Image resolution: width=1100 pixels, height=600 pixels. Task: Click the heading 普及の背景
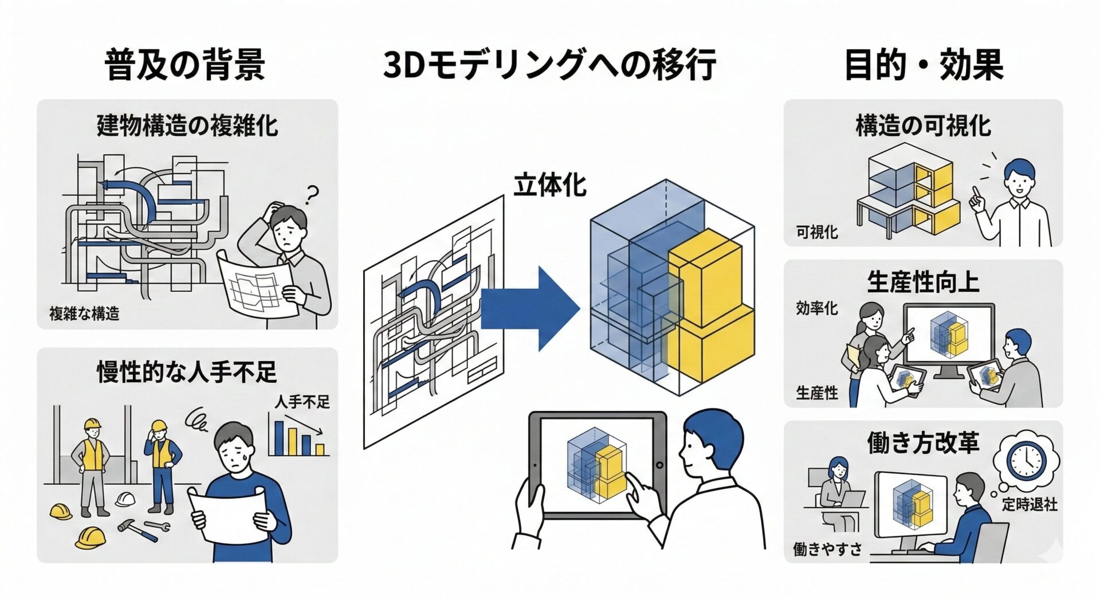point(184,64)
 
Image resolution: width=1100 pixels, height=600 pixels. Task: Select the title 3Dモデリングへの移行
point(549,64)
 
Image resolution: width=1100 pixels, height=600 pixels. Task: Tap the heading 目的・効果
point(923,64)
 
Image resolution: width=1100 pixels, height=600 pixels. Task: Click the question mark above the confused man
point(311,195)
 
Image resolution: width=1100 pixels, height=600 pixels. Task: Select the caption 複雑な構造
point(84,313)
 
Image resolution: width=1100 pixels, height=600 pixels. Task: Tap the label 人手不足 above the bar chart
point(302,402)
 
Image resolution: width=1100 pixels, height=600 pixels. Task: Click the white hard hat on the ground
point(125,499)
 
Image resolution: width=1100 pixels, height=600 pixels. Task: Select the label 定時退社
point(1030,504)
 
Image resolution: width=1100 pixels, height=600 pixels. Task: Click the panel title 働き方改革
point(923,443)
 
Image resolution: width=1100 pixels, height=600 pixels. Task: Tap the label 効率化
point(816,308)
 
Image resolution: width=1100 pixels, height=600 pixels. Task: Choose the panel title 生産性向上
point(923,282)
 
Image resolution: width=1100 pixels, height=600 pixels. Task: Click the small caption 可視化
point(816,232)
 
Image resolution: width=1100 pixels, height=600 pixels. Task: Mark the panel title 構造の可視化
point(923,126)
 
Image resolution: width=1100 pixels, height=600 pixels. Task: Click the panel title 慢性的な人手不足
point(187,373)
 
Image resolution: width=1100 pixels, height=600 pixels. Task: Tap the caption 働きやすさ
point(827,549)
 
